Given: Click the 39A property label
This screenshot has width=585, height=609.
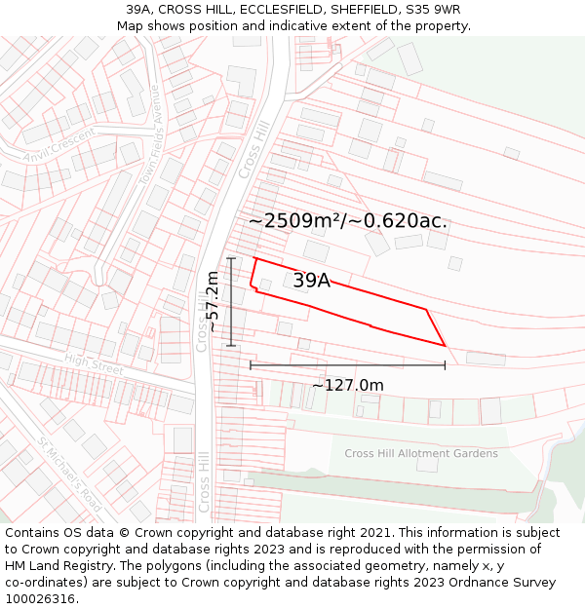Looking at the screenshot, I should point(311,281).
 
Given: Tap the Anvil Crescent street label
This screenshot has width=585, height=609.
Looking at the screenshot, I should point(60,145).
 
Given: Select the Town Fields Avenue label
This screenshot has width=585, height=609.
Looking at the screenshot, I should point(149,147).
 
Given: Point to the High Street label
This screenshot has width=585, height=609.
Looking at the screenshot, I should point(94,364).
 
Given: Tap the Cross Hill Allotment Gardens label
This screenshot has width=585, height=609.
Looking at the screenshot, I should point(421,453).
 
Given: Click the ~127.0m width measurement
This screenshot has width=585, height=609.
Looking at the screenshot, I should point(348,385).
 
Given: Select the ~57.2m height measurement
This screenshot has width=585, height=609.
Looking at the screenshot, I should point(214,302).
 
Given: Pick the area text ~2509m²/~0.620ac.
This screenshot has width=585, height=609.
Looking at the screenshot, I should point(348,221).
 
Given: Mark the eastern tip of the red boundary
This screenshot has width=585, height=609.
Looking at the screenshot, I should point(446,345).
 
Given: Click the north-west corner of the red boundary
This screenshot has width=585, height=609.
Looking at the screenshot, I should point(254,258).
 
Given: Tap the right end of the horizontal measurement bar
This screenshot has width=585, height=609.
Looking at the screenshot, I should point(446,364).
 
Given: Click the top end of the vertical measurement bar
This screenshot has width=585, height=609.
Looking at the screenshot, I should point(231,258).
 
